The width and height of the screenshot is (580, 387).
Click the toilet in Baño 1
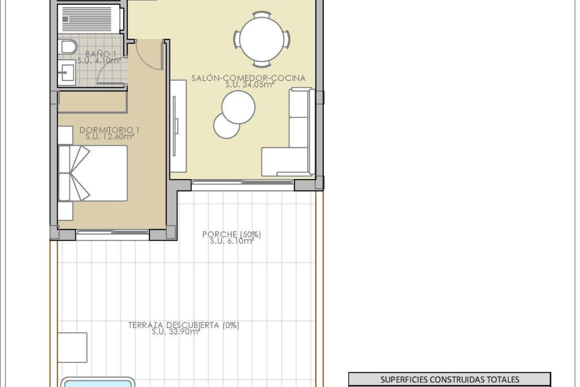coord(69,47)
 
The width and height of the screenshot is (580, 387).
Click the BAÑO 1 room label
coord(101,54)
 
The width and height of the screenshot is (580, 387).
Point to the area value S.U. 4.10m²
coord(99,61)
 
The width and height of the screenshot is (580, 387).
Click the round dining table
coord(262,39)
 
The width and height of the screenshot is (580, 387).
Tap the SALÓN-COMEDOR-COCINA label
coord(248,78)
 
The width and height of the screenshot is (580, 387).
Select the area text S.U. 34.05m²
coord(250,85)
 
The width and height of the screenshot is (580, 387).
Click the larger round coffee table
coord(238,107)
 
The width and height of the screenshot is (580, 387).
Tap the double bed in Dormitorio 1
coord(93,173)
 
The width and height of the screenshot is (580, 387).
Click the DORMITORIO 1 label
coord(109,130)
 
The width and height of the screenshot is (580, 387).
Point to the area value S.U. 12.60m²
coord(109,137)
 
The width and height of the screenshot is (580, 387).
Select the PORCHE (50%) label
coord(231,234)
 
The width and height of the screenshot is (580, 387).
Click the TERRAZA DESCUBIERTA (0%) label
coord(183,325)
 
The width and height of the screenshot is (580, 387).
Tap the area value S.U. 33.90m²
coord(176,332)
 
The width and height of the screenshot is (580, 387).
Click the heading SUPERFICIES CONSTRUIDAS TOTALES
coord(449,379)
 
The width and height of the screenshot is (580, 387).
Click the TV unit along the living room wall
coord(178,126)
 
